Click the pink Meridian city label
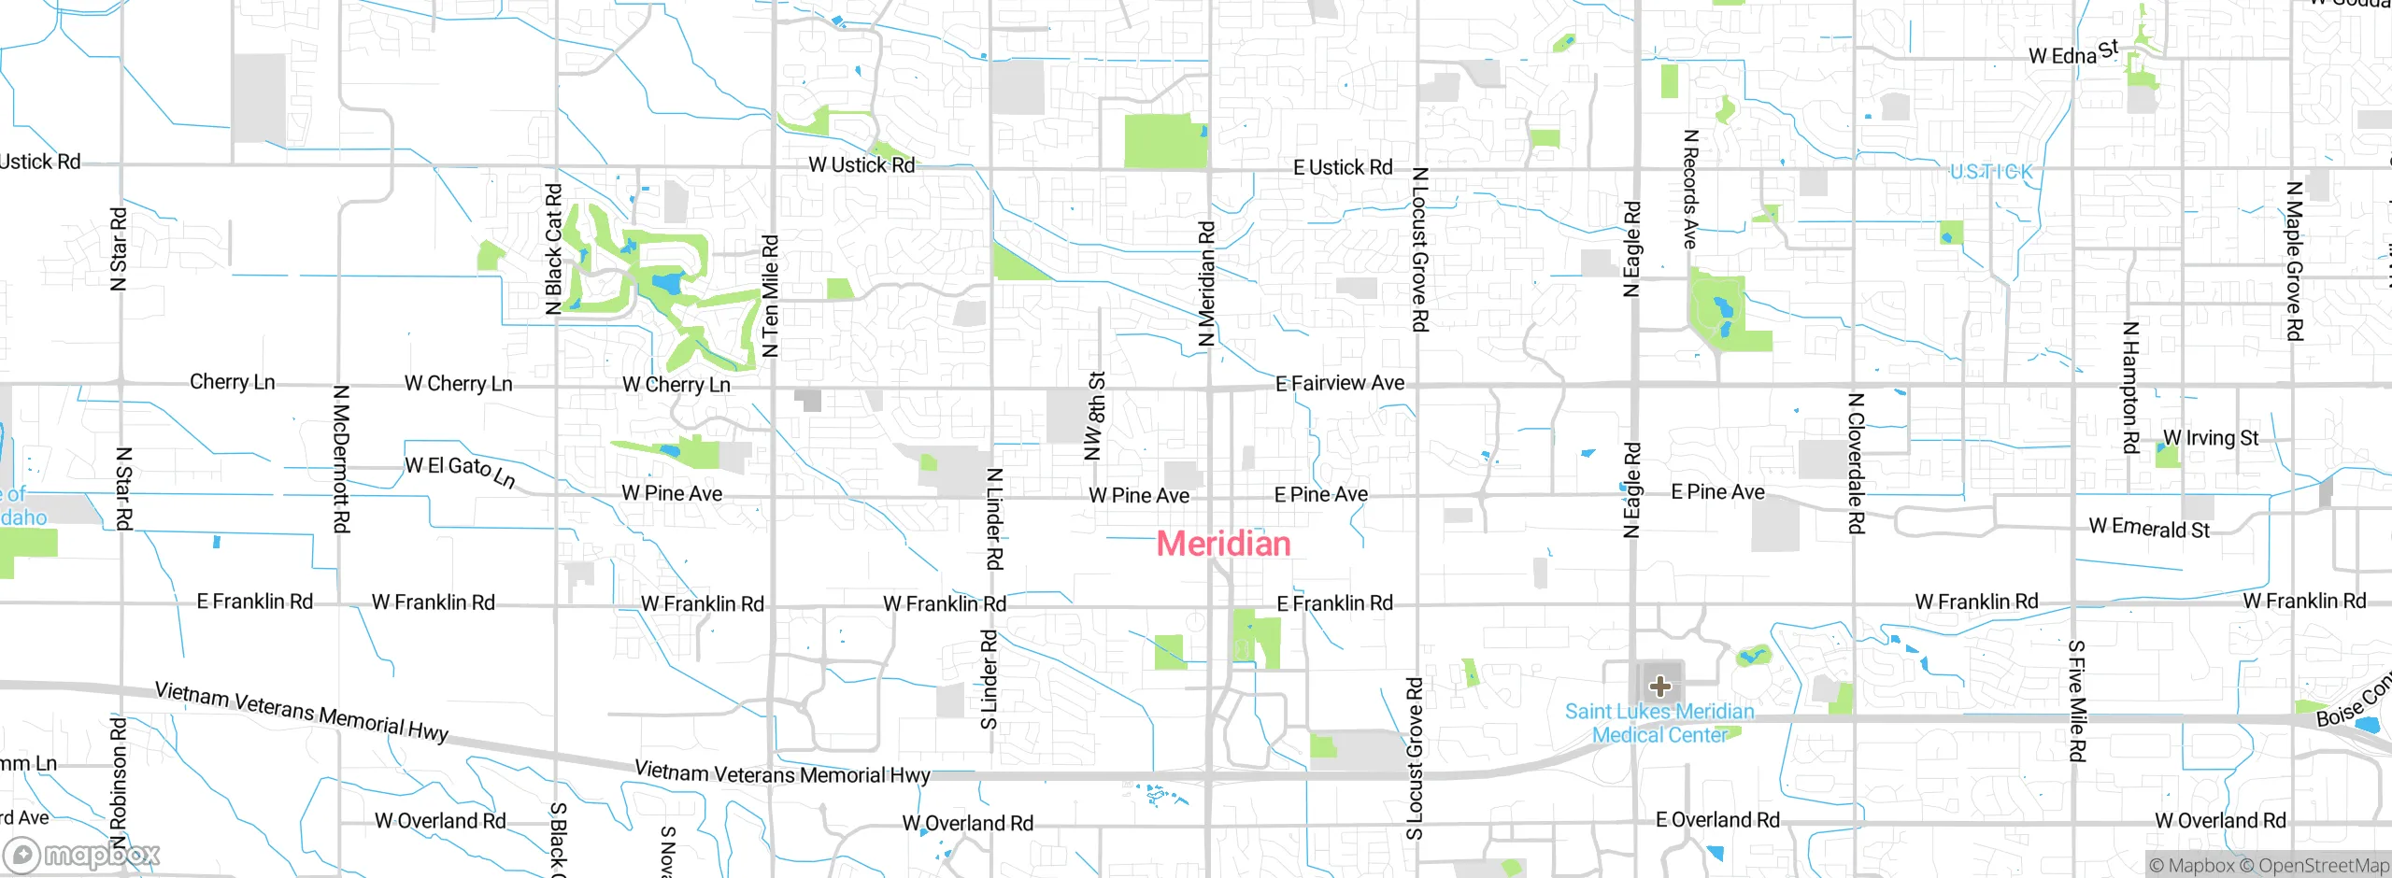[1223, 544]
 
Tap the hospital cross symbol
[1659, 687]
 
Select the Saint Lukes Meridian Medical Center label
[1659, 723]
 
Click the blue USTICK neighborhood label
[1990, 172]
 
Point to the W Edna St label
[2072, 53]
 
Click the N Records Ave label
[1689, 189]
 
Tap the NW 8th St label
[1095, 417]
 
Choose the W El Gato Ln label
[460, 471]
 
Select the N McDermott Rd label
[341, 459]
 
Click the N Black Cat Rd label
[553, 248]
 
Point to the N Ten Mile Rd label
[770, 296]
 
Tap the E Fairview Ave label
[1339, 383]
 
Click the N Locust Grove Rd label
[1419, 249]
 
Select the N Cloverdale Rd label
[1856, 463]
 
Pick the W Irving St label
[2210, 437]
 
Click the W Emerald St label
[2149, 529]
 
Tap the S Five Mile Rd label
[2076, 701]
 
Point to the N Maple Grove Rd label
[2294, 261]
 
